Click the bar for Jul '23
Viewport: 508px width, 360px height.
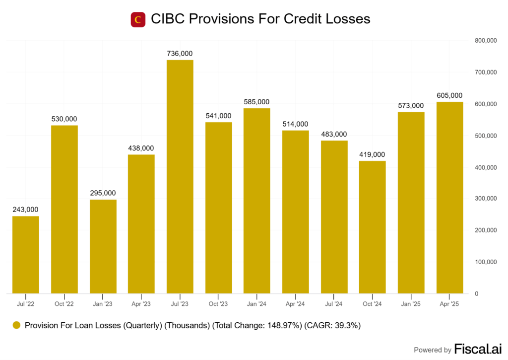click(180, 176)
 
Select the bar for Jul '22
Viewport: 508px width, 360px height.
click(26, 254)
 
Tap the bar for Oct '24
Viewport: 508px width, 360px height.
click(373, 227)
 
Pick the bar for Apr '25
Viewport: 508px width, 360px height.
click(449, 198)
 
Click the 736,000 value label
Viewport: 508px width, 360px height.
click(180, 54)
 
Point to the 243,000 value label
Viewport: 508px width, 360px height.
click(26, 210)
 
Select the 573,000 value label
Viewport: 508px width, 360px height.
click(411, 105)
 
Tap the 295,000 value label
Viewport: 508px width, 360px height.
click(103, 193)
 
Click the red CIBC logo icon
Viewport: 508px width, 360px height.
click(138, 19)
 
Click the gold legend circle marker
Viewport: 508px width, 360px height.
click(16, 326)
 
